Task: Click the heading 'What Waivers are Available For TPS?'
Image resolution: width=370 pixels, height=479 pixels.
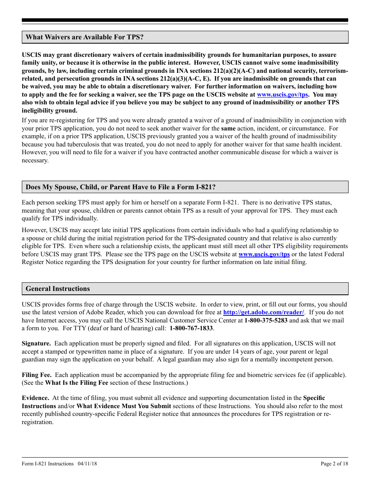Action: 85,37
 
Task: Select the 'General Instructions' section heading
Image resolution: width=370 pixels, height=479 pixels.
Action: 58,289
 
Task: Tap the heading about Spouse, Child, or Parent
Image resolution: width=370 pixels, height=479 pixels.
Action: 120,187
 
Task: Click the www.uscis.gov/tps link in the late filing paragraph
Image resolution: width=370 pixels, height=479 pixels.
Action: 264,254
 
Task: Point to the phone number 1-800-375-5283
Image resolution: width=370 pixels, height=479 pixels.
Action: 266,321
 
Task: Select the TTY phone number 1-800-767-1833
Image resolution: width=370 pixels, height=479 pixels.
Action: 191,328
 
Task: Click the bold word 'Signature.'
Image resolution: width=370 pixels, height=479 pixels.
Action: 36,343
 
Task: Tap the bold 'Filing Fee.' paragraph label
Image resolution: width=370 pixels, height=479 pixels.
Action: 37,375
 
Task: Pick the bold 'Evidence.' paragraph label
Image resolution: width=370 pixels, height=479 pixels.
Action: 35,398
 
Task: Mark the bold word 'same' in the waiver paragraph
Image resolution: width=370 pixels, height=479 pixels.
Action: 228,129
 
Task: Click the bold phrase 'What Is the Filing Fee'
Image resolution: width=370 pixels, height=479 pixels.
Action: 77,383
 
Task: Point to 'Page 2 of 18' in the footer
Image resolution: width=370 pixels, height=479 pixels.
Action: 334,463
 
